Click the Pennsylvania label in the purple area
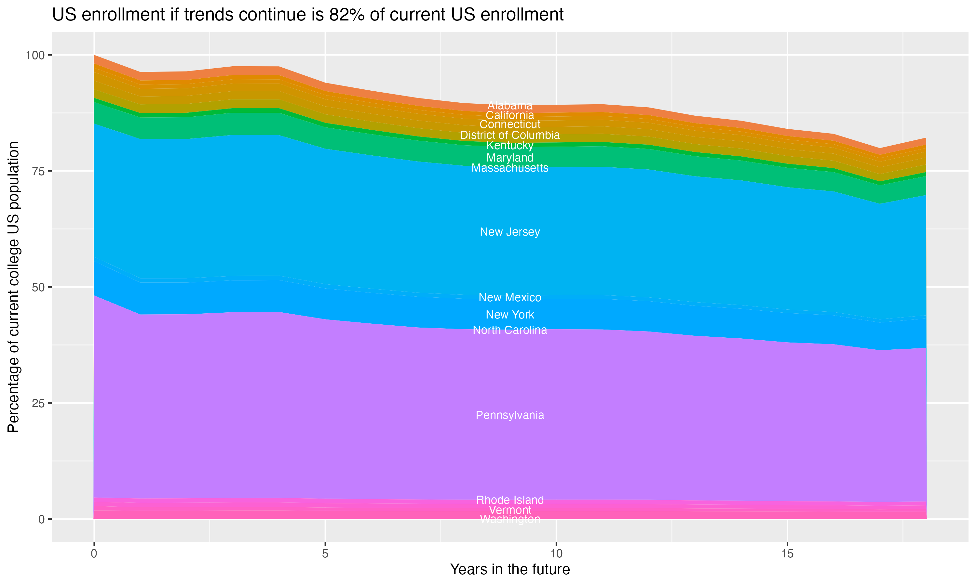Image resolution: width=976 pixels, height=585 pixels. click(x=510, y=415)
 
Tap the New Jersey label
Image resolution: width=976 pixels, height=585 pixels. click(x=510, y=232)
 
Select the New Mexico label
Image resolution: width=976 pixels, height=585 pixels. click(x=510, y=297)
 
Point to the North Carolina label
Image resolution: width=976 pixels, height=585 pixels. click(x=510, y=330)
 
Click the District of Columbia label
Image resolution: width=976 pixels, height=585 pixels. click(x=510, y=135)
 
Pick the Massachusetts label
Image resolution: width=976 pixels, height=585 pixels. click(x=510, y=168)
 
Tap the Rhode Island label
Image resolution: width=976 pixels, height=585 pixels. click(x=510, y=500)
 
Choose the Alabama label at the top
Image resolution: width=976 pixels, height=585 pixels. click(x=510, y=105)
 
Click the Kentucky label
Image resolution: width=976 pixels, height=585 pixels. click(x=510, y=146)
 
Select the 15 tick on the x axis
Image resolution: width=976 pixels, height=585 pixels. click(x=787, y=553)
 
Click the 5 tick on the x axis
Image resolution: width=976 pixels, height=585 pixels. click(x=325, y=553)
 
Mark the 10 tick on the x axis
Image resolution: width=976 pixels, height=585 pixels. click(x=556, y=553)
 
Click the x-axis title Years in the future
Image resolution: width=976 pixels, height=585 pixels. click(x=510, y=569)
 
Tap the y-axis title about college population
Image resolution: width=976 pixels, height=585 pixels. click(x=13, y=287)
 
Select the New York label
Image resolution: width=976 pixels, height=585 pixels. click(x=510, y=315)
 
